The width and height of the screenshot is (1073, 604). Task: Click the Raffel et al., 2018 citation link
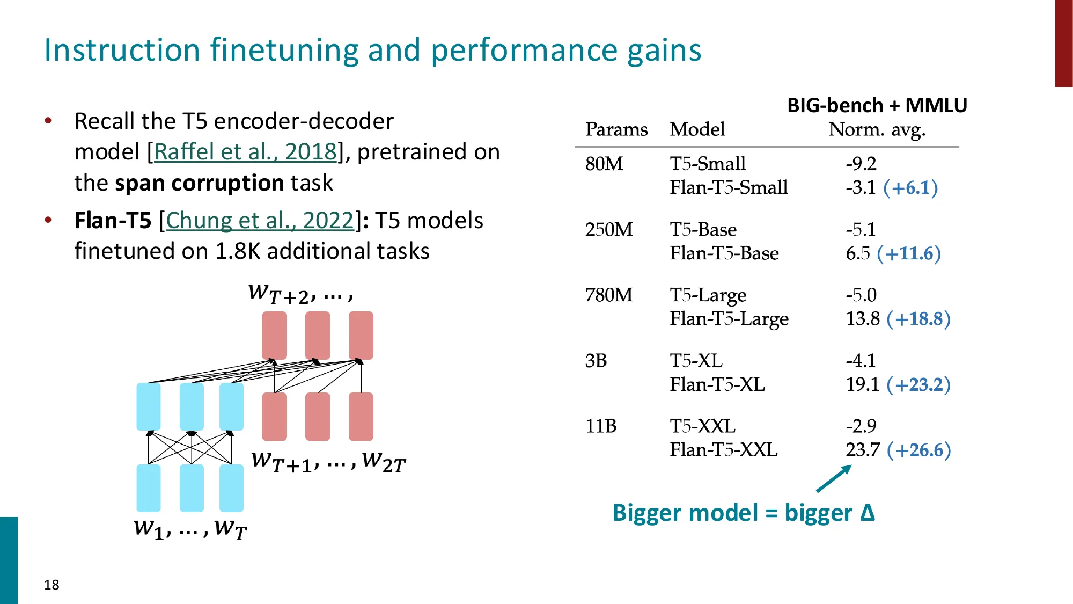(x=245, y=152)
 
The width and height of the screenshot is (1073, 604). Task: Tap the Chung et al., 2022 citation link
(x=260, y=221)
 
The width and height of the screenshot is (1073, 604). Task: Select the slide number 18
(x=52, y=585)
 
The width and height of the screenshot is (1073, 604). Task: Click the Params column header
(x=616, y=129)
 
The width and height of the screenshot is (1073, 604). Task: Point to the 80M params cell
(x=604, y=164)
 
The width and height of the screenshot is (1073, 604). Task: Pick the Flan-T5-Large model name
(x=729, y=319)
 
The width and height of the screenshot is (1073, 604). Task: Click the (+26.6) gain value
(x=918, y=450)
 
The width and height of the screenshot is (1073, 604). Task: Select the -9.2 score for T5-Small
(x=861, y=164)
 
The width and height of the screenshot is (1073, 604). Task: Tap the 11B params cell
(x=600, y=426)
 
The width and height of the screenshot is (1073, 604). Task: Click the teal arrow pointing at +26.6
(x=834, y=478)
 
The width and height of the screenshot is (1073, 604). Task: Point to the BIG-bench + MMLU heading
(x=877, y=105)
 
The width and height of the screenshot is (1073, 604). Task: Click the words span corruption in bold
(x=200, y=183)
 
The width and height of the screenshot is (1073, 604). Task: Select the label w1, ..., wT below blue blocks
(x=190, y=529)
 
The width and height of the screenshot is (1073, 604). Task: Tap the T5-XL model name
(x=696, y=361)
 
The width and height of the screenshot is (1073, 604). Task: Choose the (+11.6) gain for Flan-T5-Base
(x=909, y=253)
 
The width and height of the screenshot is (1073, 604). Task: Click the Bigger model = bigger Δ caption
(x=743, y=513)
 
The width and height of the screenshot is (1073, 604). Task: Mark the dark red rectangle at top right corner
(x=1063, y=43)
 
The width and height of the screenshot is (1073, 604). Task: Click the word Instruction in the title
(x=122, y=50)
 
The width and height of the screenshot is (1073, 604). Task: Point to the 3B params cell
(x=596, y=361)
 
